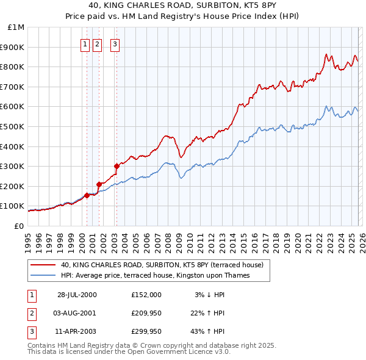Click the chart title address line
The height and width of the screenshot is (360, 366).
(183, 5)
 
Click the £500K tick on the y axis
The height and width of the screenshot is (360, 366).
(12, 126)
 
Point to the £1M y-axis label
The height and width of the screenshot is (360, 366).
(15, 27)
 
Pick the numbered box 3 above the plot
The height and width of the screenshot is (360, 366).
(115, 43)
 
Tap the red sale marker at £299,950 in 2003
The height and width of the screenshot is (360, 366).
(117, 166)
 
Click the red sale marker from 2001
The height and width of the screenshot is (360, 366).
(98, 184)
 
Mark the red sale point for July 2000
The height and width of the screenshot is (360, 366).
(87, 195)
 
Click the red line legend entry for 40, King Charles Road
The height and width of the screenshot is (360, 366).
(162, 265)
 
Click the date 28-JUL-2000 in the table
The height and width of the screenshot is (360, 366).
(77, 295)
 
